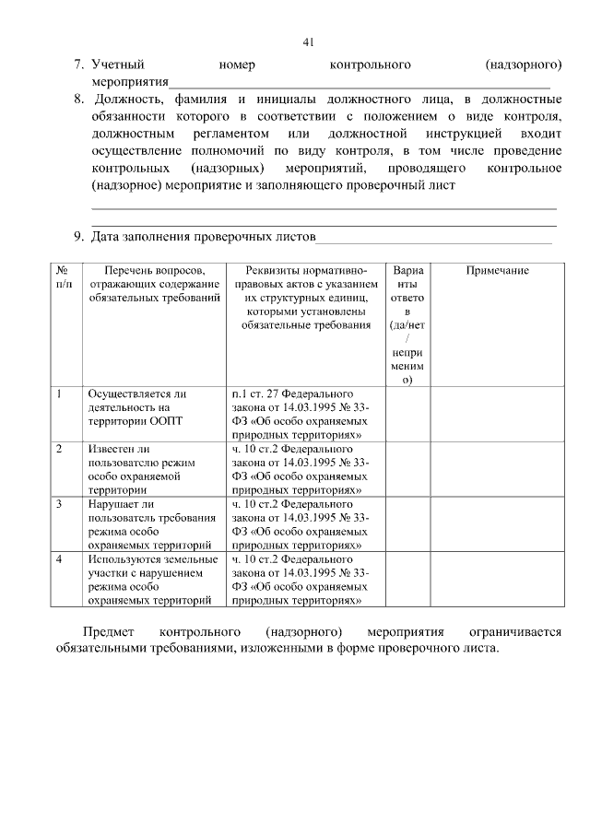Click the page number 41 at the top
309,41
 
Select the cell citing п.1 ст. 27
300,414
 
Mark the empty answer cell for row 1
407,414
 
